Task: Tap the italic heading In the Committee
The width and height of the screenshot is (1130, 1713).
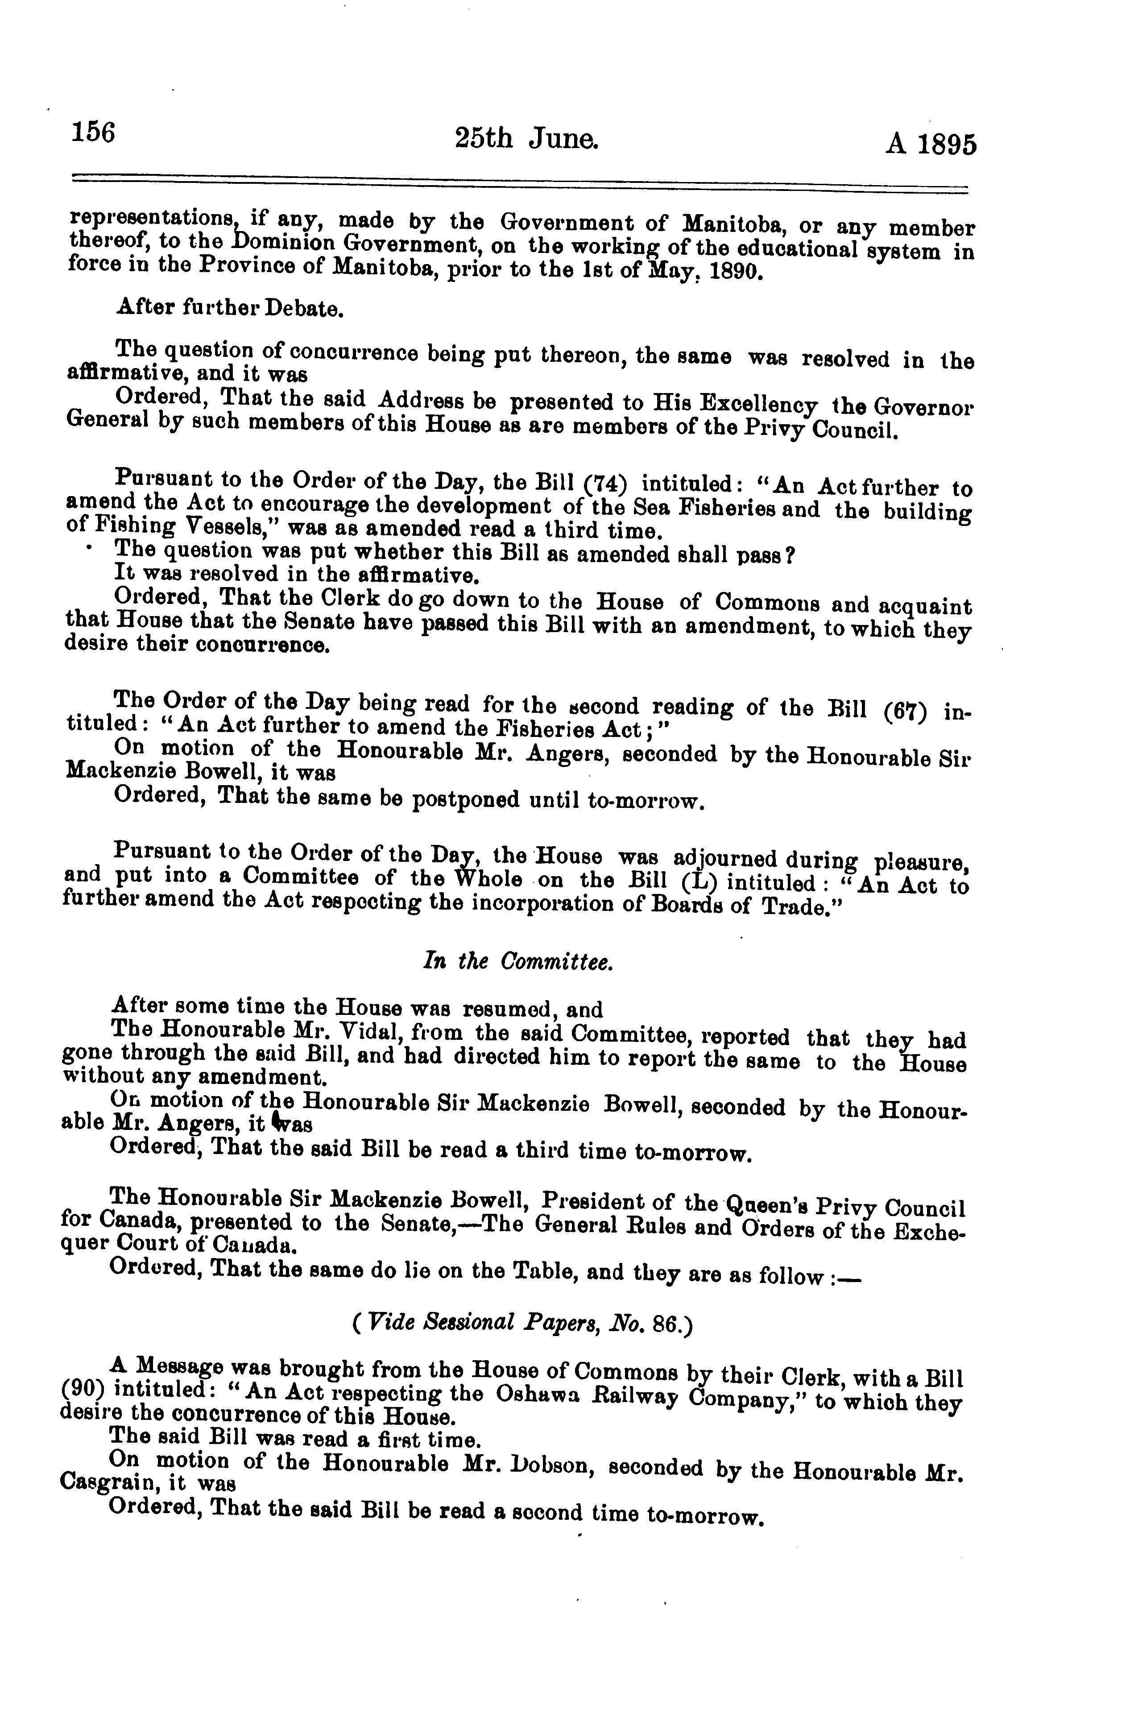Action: coord(517,962)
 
